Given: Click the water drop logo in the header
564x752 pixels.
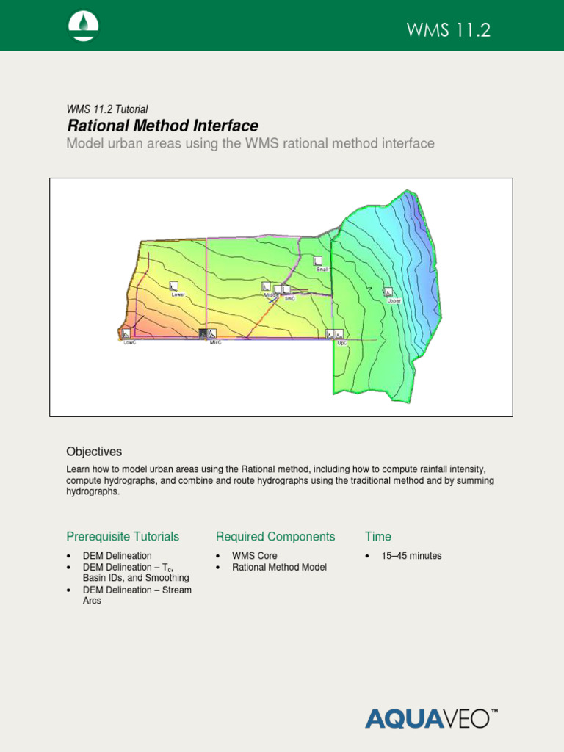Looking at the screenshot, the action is tap(84, 26).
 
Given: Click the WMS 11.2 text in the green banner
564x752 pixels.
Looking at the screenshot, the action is tap(448, 30).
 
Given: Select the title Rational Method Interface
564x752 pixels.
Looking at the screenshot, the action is tap(162, 126).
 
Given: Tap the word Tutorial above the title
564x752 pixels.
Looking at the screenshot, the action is tap(131, 109).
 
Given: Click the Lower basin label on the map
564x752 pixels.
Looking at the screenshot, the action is tap(178, 294).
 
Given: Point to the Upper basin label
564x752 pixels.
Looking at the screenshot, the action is tap(394, 300).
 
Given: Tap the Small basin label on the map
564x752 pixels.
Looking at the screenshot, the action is tap(322, 270).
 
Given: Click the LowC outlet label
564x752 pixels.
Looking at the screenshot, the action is tap(129, 343).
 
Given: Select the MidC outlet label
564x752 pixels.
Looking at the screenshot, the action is tap(215, 343).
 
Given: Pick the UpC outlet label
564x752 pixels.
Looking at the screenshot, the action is tap(341, 343).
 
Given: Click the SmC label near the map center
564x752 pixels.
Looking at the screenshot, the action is tap(289, 299).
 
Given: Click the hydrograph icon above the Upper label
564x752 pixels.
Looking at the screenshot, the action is tap(388, 292).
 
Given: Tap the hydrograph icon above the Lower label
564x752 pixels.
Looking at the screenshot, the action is tap(174, 286).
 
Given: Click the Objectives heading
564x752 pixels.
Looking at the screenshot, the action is tap(94, 452).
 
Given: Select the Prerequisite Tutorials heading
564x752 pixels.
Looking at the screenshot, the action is tap(123, 537).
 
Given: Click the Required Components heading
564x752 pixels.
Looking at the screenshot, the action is tap(275, 537).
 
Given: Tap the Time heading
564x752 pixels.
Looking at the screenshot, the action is tap(378, 537).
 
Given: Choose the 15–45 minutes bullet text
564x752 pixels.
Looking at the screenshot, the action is tap(411, 556).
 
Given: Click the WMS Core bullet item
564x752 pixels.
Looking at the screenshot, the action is tap(254, 556).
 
